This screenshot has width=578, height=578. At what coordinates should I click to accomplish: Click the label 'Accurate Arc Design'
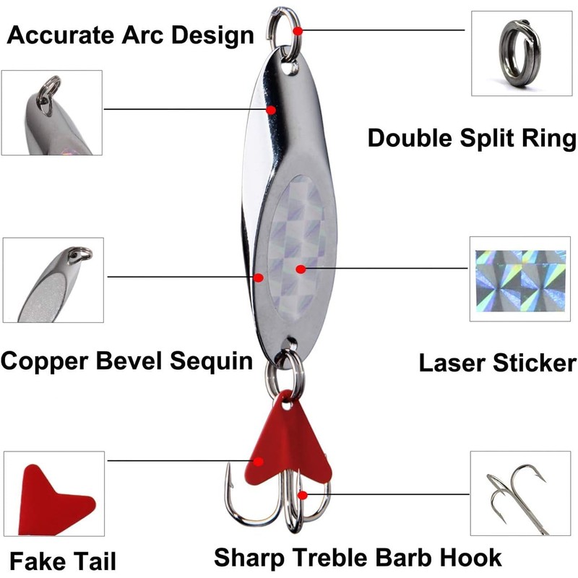pyautogui.click(x=130, y=35)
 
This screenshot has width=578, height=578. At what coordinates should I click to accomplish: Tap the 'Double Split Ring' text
pyautogui.click(x=472, y=138)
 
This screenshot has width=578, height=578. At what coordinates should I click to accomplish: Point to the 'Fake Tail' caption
pyautogui.click(x=55, y=558)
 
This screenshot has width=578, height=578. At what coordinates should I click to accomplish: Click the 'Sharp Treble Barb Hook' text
pyautogui.click(x=358, y=557)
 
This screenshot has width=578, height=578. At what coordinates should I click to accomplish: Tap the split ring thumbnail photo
pyautogui.click(x=516, y=53)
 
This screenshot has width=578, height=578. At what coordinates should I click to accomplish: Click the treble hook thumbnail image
pyautogui.click(x=516, y=494)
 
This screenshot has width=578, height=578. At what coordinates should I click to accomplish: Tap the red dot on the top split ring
pyautogui.click(x=298, y=30)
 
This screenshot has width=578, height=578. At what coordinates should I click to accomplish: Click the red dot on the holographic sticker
pyautogui.click(x=301, y=268)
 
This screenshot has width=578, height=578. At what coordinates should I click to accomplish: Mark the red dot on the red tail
pyautogui.click(x=258, y=460)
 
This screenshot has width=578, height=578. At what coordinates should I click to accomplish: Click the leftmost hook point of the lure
pyautogui.click(x=228, y=474)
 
